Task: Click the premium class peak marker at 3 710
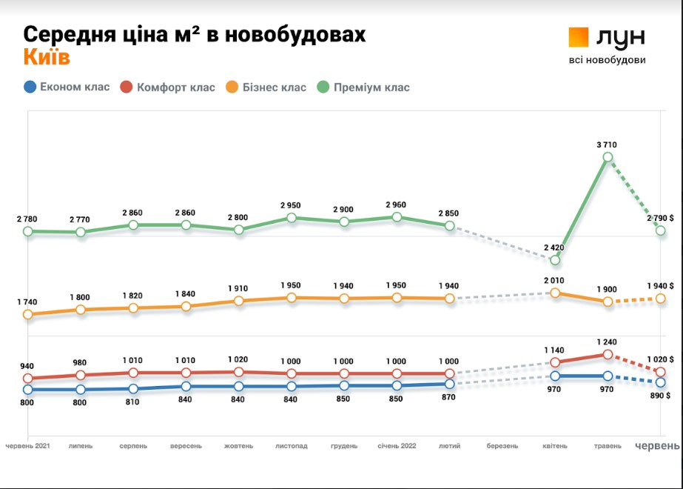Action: (x=608, y=157)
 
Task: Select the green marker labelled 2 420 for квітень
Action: (x=555, y=260)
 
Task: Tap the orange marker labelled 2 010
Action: (x=555, y=293)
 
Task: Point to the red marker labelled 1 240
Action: (x=608, y=355)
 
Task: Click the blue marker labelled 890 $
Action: (x=660, y=382)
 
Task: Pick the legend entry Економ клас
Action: (x=66, y=87)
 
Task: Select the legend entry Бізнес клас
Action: (x=265, y=87)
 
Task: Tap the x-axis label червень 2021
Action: (x=28, y=446)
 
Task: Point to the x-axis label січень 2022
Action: (x=397, y=446)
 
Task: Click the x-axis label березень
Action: (x=502, y=446)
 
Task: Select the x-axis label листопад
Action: (x=292, y=446)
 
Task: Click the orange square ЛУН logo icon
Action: (x=578, y=37)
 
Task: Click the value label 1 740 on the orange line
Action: (x=27, y=302)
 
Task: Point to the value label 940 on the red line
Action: (x=27, y=365)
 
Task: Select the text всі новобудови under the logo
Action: (x=607, y=60)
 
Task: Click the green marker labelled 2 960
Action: (x=397, y=217)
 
